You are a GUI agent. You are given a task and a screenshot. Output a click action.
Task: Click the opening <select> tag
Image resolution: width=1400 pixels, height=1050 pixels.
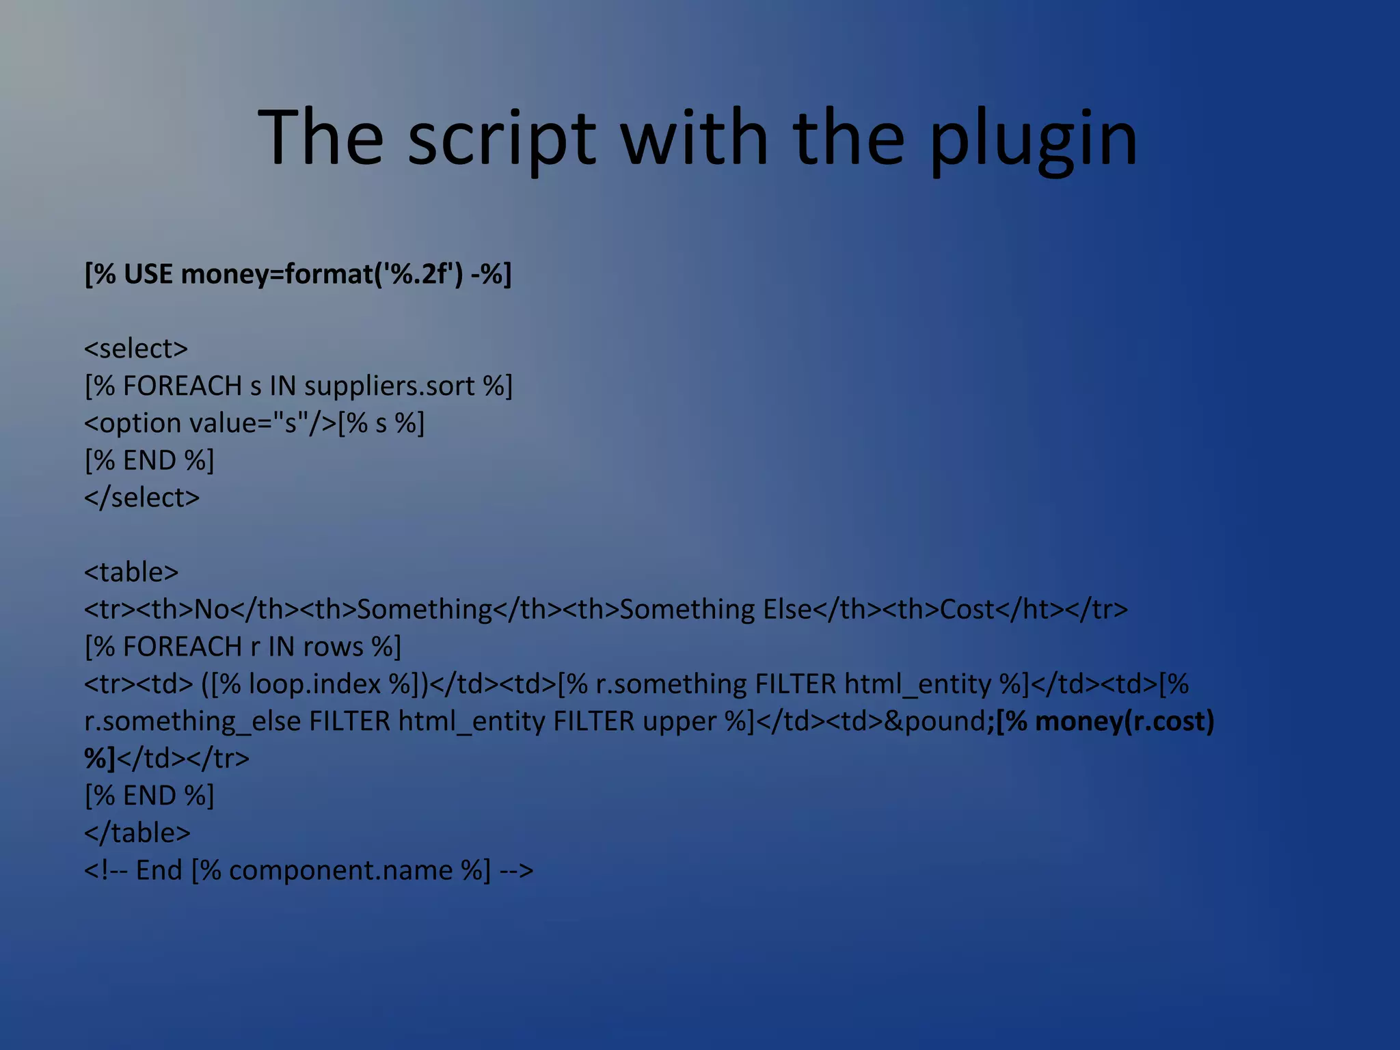pos(135,349)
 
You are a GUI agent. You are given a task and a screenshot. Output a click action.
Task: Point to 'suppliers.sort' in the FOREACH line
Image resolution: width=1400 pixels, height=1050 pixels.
pos(389,386)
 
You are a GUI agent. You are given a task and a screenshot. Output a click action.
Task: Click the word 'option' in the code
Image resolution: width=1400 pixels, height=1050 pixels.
pos(140,423)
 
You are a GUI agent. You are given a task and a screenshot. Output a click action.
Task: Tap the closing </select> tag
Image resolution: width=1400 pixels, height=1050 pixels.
pos(142,498)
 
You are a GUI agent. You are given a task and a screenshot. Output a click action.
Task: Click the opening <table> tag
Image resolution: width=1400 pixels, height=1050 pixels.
pos(131,572)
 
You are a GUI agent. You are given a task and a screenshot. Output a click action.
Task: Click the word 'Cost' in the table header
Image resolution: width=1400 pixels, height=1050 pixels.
pos(967,609)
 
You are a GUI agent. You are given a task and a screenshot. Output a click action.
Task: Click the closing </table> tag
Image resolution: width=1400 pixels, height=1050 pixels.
pos(137,833)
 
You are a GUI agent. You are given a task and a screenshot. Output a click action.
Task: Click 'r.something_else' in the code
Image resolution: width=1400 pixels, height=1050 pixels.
pos(192,721)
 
